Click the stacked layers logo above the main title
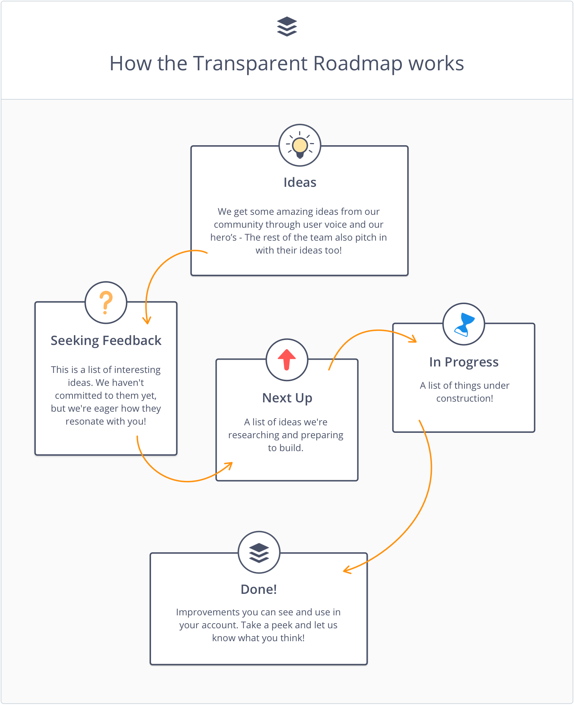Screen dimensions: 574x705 coord(287,27)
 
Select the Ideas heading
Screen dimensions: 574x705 coord(300,183)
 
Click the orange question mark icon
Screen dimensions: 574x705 coord(106,303)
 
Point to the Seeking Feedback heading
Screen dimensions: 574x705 coord(106,341)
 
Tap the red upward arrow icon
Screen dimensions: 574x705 coord(287,359)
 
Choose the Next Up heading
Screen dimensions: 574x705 coord(287,398)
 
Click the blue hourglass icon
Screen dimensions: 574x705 coord(464,324)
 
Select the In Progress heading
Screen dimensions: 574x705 coord(464,362)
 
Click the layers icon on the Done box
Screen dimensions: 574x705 coord(259,553)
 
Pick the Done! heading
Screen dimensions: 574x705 coord(259,590)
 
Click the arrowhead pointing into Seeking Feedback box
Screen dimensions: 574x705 coord(147,320)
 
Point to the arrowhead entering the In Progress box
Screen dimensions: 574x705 coord(413,339)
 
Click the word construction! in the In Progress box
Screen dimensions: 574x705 coord(465,398)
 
